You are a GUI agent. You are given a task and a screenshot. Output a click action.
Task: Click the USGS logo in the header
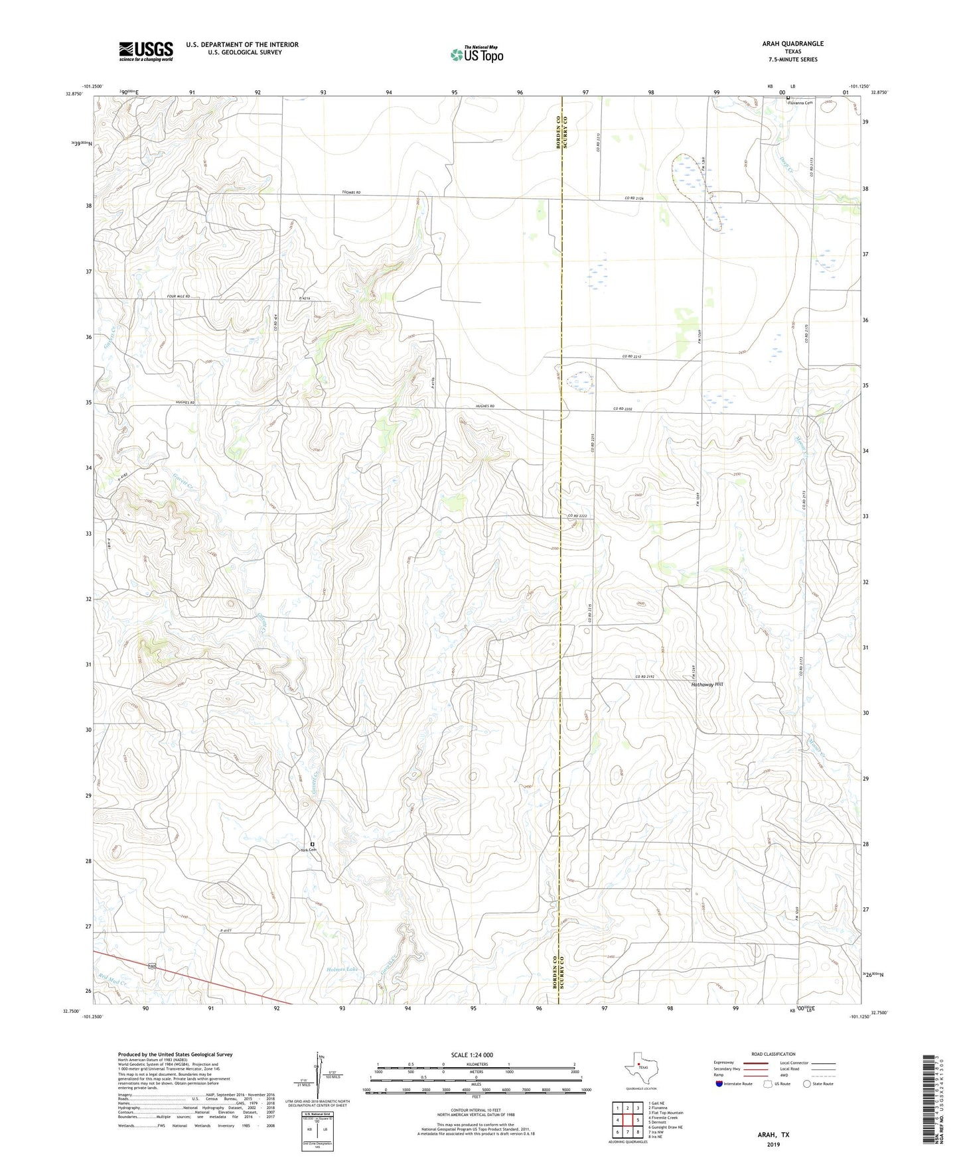tap(146, 51)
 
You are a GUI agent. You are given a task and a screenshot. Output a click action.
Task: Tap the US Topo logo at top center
tap(477, 54)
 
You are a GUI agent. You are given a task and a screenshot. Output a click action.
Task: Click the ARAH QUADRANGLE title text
tap(792, 44)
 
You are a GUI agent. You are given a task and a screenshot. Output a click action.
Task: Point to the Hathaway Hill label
tap(707, 684)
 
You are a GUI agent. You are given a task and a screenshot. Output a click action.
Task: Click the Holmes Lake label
tap(342, 970)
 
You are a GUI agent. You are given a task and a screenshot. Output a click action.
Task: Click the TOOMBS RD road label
tap(351, 192)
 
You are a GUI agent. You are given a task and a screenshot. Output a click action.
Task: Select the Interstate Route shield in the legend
tap(720, 1084)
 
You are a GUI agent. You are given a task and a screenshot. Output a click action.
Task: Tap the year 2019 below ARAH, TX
tap(773, 1144)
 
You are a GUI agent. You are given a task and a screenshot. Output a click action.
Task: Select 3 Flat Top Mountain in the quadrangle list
tap(666, 1112)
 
